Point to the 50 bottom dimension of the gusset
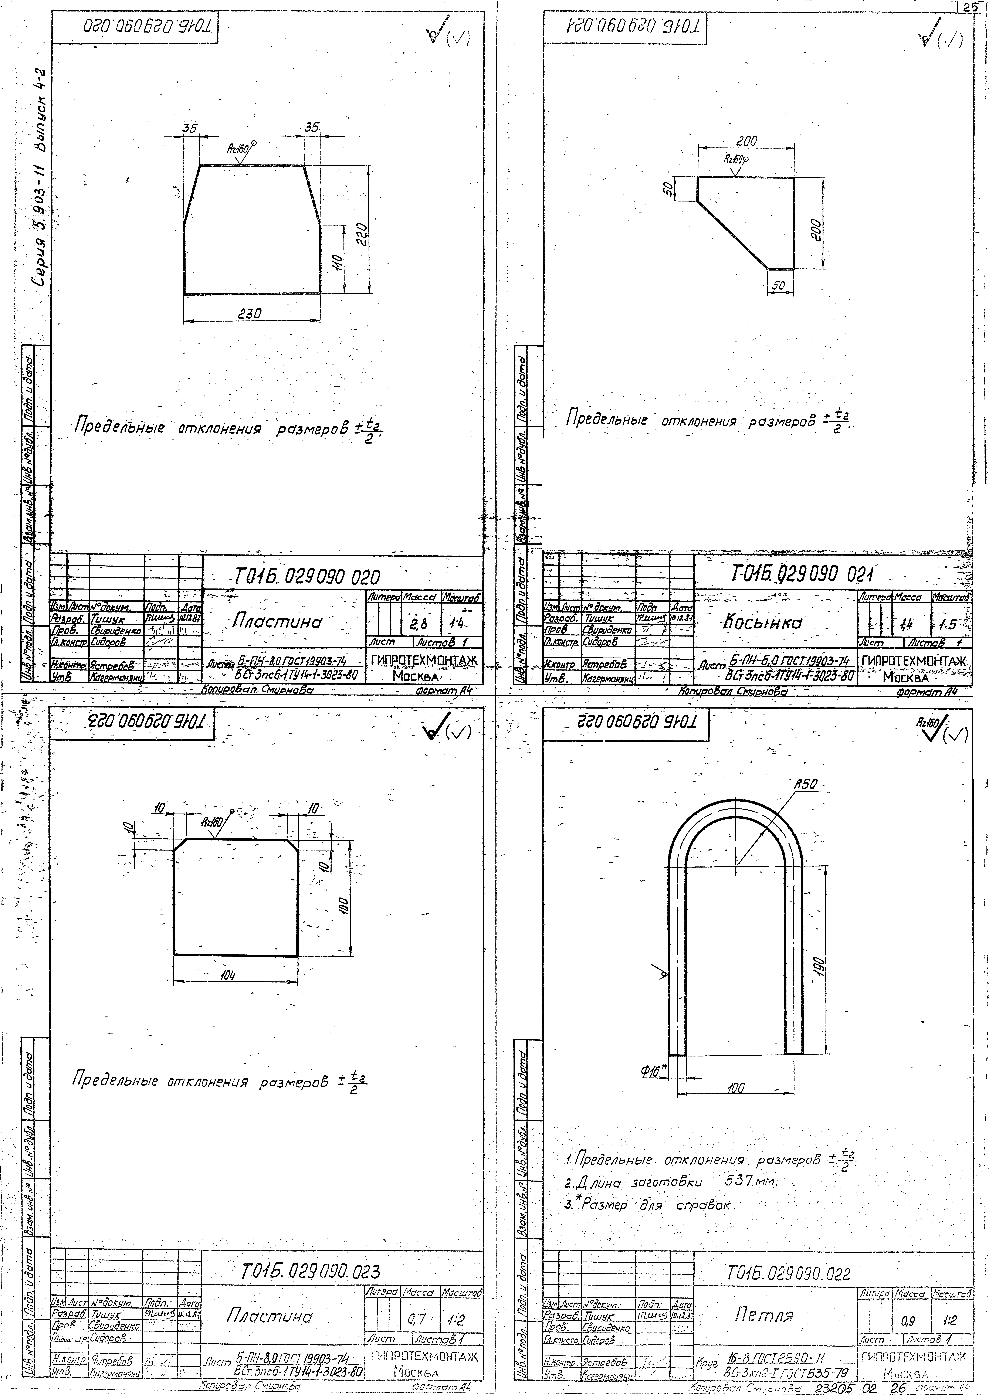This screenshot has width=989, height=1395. click(778, 286)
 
